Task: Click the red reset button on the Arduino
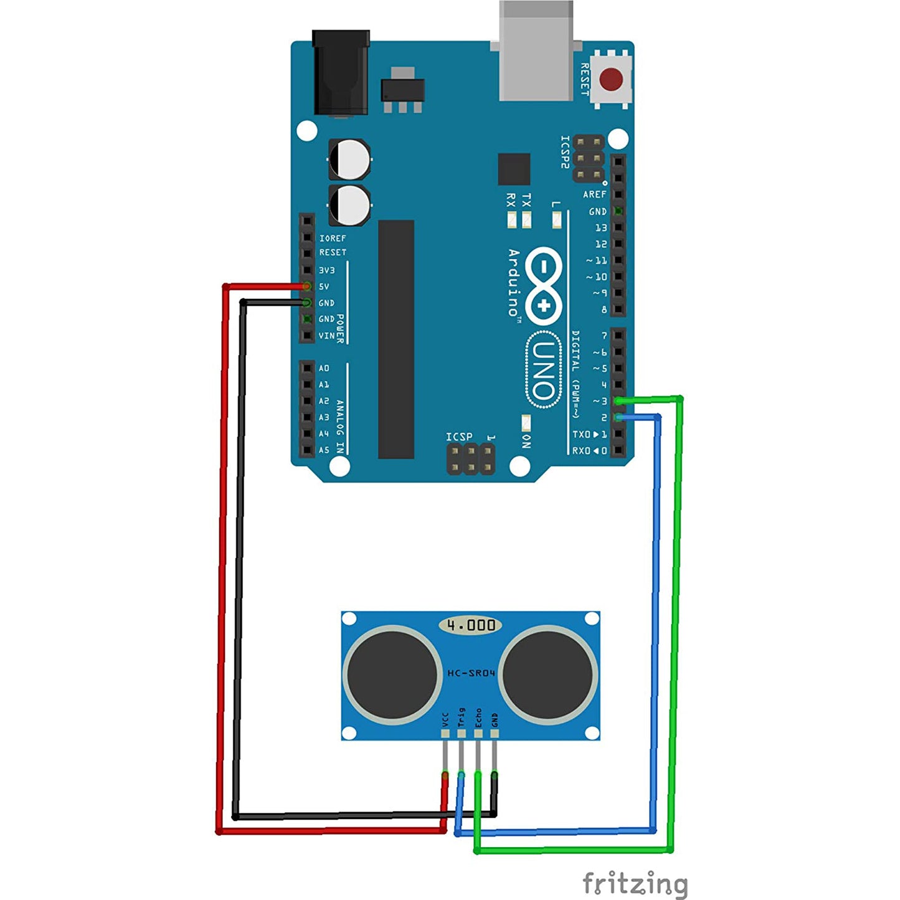tap(610, 79)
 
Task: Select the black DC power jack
tap(340, 73)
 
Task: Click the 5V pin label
tap(324, 287)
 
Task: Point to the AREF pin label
tap(594, 194)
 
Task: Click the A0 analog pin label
tap(324, 368)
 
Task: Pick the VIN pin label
tap(326, 336)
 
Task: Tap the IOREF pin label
tap(333, 239)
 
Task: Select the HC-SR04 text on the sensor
tap(471, 673)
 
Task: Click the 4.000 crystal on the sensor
tap(471, 625)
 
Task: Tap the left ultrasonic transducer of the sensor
tap(392, 675)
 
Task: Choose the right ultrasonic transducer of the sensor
tap(547, 675)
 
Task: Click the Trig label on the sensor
tap(462, 717)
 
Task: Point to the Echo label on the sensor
tap(478, 717)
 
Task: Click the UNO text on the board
tap(543, 370)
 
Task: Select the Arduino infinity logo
tap(543, 286)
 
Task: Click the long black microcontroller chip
tap(396, 339)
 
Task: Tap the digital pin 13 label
tap(600, 228)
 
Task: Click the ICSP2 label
tap(565, 152)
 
